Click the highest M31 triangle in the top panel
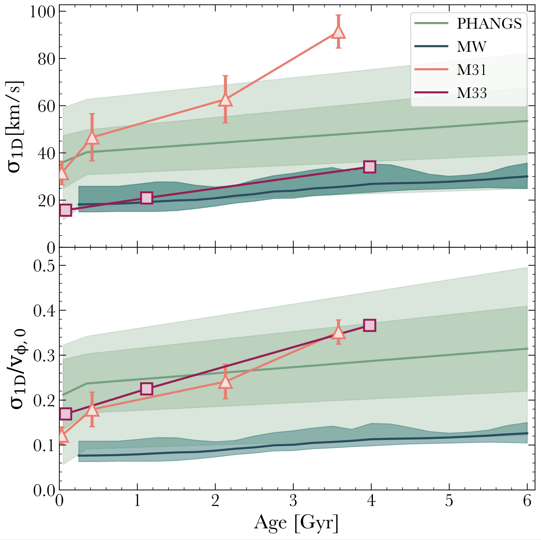pyautogui.click(x=339, y=32)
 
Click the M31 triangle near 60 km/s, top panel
pyautogui.click(x=225, y=100)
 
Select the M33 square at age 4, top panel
pyautogui.click(x=370, y=167)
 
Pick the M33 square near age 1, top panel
pyautogui.click(x=146, y=198)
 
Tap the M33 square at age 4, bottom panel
pyautogui.click(x=370, y=325)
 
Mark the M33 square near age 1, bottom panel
pyautogui.click(x=146, y=389)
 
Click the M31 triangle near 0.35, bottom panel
pyautogui.click(x=339, y=332)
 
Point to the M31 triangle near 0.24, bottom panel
pyautogui.click(x=225, y=382)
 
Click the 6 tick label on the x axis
pyautogui.click(x=527, y=501)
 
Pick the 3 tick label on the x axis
pyautogui.click(x=293, y=501)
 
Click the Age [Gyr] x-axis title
pyautogui.click(x=296, y=523)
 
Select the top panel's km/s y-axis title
pyautogui.click(x=15, y=127)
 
